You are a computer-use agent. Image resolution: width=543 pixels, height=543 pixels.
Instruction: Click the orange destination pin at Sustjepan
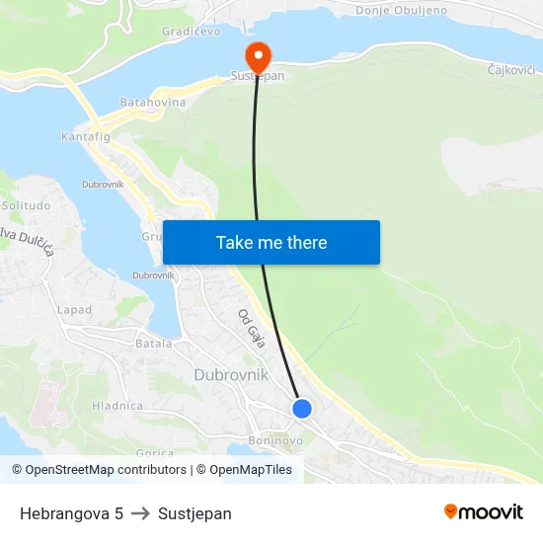256,53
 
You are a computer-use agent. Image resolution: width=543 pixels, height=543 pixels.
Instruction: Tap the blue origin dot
302,408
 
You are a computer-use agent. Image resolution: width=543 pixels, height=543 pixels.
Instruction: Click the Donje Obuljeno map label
401,10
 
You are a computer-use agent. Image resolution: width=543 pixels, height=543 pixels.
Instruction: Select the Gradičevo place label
192,32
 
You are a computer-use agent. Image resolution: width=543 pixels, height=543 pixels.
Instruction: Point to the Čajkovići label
511,70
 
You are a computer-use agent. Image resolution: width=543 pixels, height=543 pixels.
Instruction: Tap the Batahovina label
152,102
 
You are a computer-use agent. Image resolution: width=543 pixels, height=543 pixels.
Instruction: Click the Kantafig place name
86,136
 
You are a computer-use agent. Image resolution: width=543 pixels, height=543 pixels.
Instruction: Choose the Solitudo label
26,205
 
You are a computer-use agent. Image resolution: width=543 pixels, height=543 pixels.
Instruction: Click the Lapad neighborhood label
74,309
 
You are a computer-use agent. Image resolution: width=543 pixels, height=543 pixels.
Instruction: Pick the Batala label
153,344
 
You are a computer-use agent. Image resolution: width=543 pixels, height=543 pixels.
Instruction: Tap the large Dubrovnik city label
231,374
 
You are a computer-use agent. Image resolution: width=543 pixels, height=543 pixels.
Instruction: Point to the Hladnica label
117,406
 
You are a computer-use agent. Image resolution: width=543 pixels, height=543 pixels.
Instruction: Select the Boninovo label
274,440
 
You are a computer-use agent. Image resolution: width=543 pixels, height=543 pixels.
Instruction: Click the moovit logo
484,512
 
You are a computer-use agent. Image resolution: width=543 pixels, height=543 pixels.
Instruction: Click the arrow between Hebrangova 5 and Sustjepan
140,513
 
